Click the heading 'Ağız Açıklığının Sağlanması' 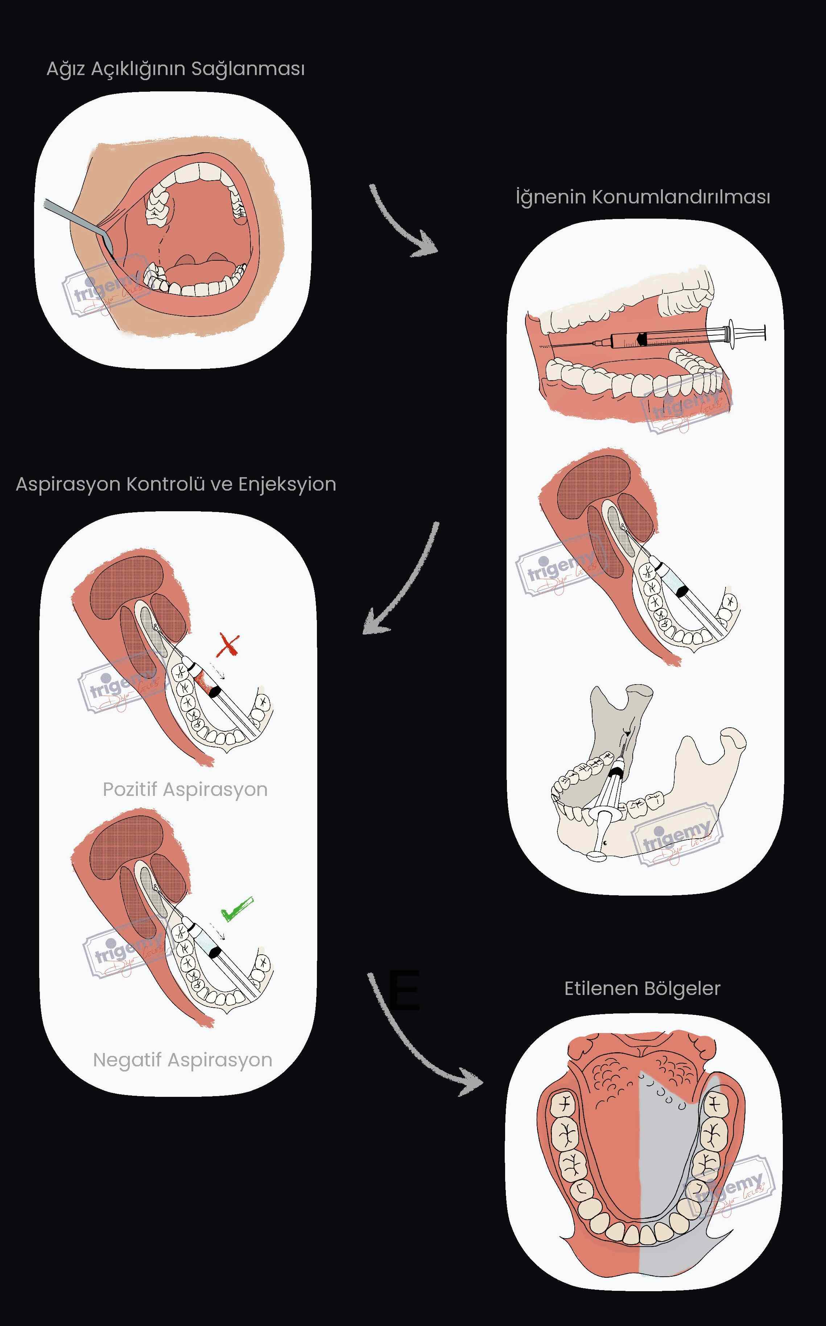(x=175, y=69)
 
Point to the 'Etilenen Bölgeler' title (x=642, y=988)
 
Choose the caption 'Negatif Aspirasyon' (x=182, y=1060)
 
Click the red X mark (x=228, y=645)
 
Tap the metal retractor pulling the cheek (x=77, y=218)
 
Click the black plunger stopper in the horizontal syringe (x=642, y=339)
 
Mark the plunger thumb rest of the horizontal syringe (x=764, y=332)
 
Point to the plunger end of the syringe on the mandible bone (x=596, y=856)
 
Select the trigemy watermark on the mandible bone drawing (x=677, y=834)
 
